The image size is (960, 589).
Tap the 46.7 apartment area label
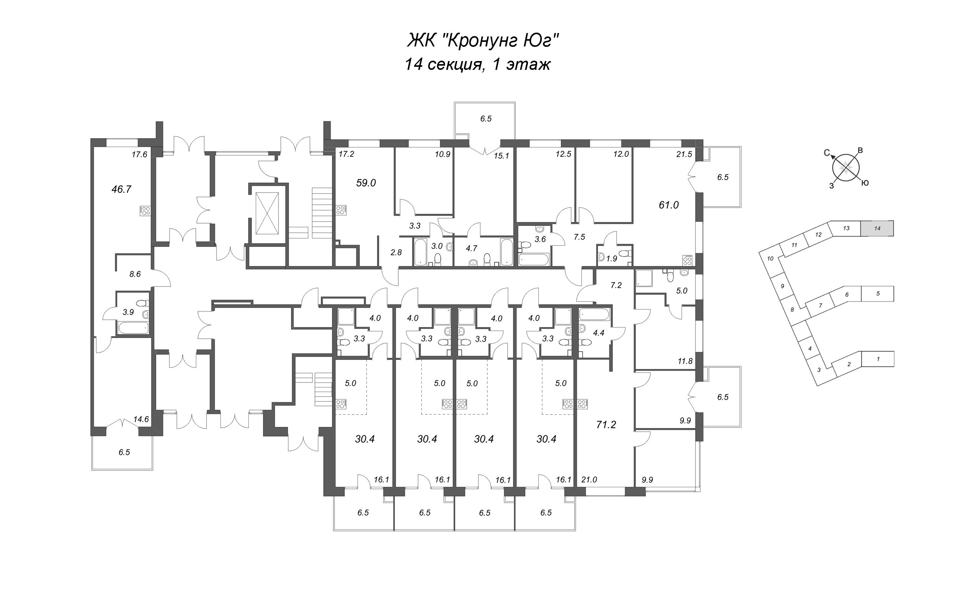[x=121, y=189]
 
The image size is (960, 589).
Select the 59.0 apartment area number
[x=366, y=183]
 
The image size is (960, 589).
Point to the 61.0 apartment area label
[x=669, y=205]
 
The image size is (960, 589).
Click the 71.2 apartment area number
[x=606, y=425]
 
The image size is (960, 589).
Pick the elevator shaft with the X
[x=267, y=213]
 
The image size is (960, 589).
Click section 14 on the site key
[x=877, y=229]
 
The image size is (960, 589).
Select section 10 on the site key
[x=770, y=258]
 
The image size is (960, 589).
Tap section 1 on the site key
[x=878, y=359]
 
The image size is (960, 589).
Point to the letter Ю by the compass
[x=864, y=183]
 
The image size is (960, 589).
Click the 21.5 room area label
[x=684, y=154]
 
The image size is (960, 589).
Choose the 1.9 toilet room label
[x=612, y=258]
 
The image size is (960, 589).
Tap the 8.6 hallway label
[x=135, y=274]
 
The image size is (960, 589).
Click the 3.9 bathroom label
[x=128, y=312]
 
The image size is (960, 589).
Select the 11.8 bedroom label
[x=685, y=361]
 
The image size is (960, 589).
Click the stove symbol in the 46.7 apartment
[x=145, y=211]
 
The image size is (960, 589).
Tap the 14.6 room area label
[x=141, y=420]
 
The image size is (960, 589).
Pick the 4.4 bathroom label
[x=598, y=333]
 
